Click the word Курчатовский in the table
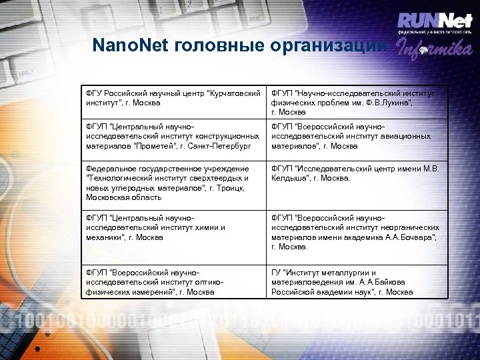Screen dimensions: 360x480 pos(235,94)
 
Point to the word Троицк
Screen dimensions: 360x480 pos(230,188)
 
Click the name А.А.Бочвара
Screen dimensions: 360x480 pos(409,237)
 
